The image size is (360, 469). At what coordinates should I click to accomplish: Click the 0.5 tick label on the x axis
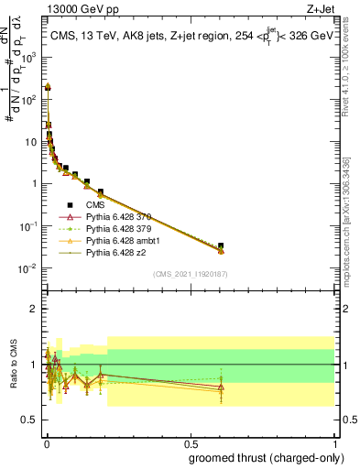[x=190, y=444]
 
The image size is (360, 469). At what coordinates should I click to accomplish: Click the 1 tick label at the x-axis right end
[x=333, y=444]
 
